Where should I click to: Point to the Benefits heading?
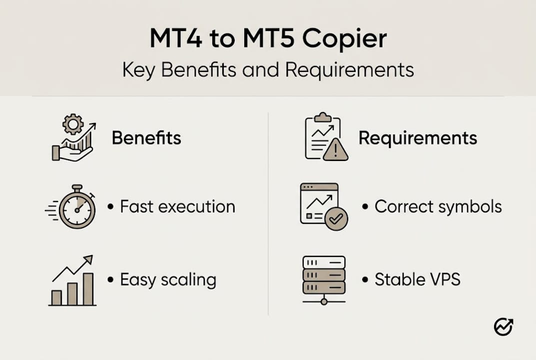click(x=146, y=138)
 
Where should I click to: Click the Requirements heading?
click(x=418, y=138)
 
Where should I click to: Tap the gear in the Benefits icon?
click(x=73, y=124)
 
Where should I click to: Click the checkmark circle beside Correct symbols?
click(x=336, y=219)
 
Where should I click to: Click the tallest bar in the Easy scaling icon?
click(x=88, y=289)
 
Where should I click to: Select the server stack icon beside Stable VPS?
click(x=324, y=278)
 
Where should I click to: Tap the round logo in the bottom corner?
click(x=504, y=327)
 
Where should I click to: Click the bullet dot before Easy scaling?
click(x=110, y=279)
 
